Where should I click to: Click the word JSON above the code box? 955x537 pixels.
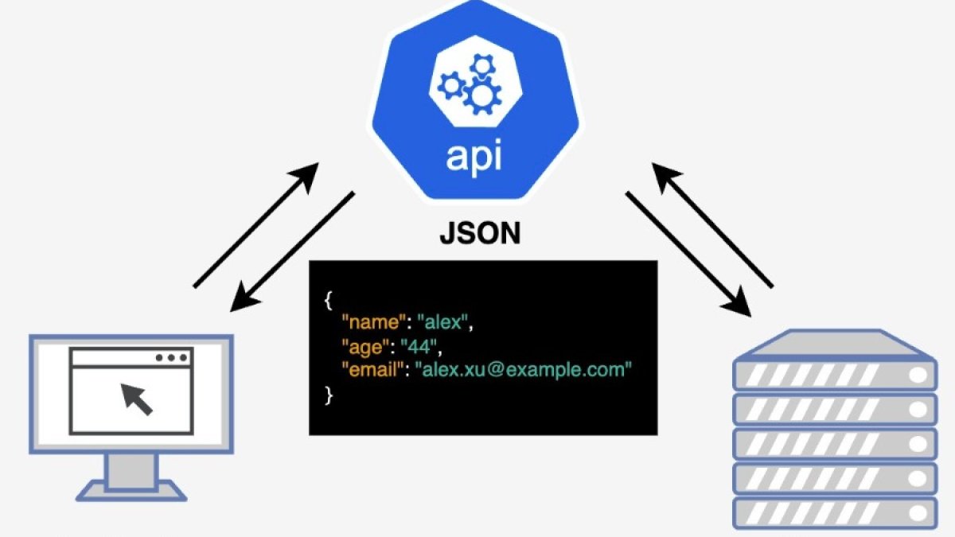[480, 234]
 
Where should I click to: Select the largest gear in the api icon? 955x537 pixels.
[482, 97]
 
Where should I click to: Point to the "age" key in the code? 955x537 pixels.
[364, 347]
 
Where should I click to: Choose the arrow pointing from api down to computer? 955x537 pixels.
[292, 250]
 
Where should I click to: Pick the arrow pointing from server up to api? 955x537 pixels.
[712, 224]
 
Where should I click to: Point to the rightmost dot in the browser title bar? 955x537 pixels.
[183, 357]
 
